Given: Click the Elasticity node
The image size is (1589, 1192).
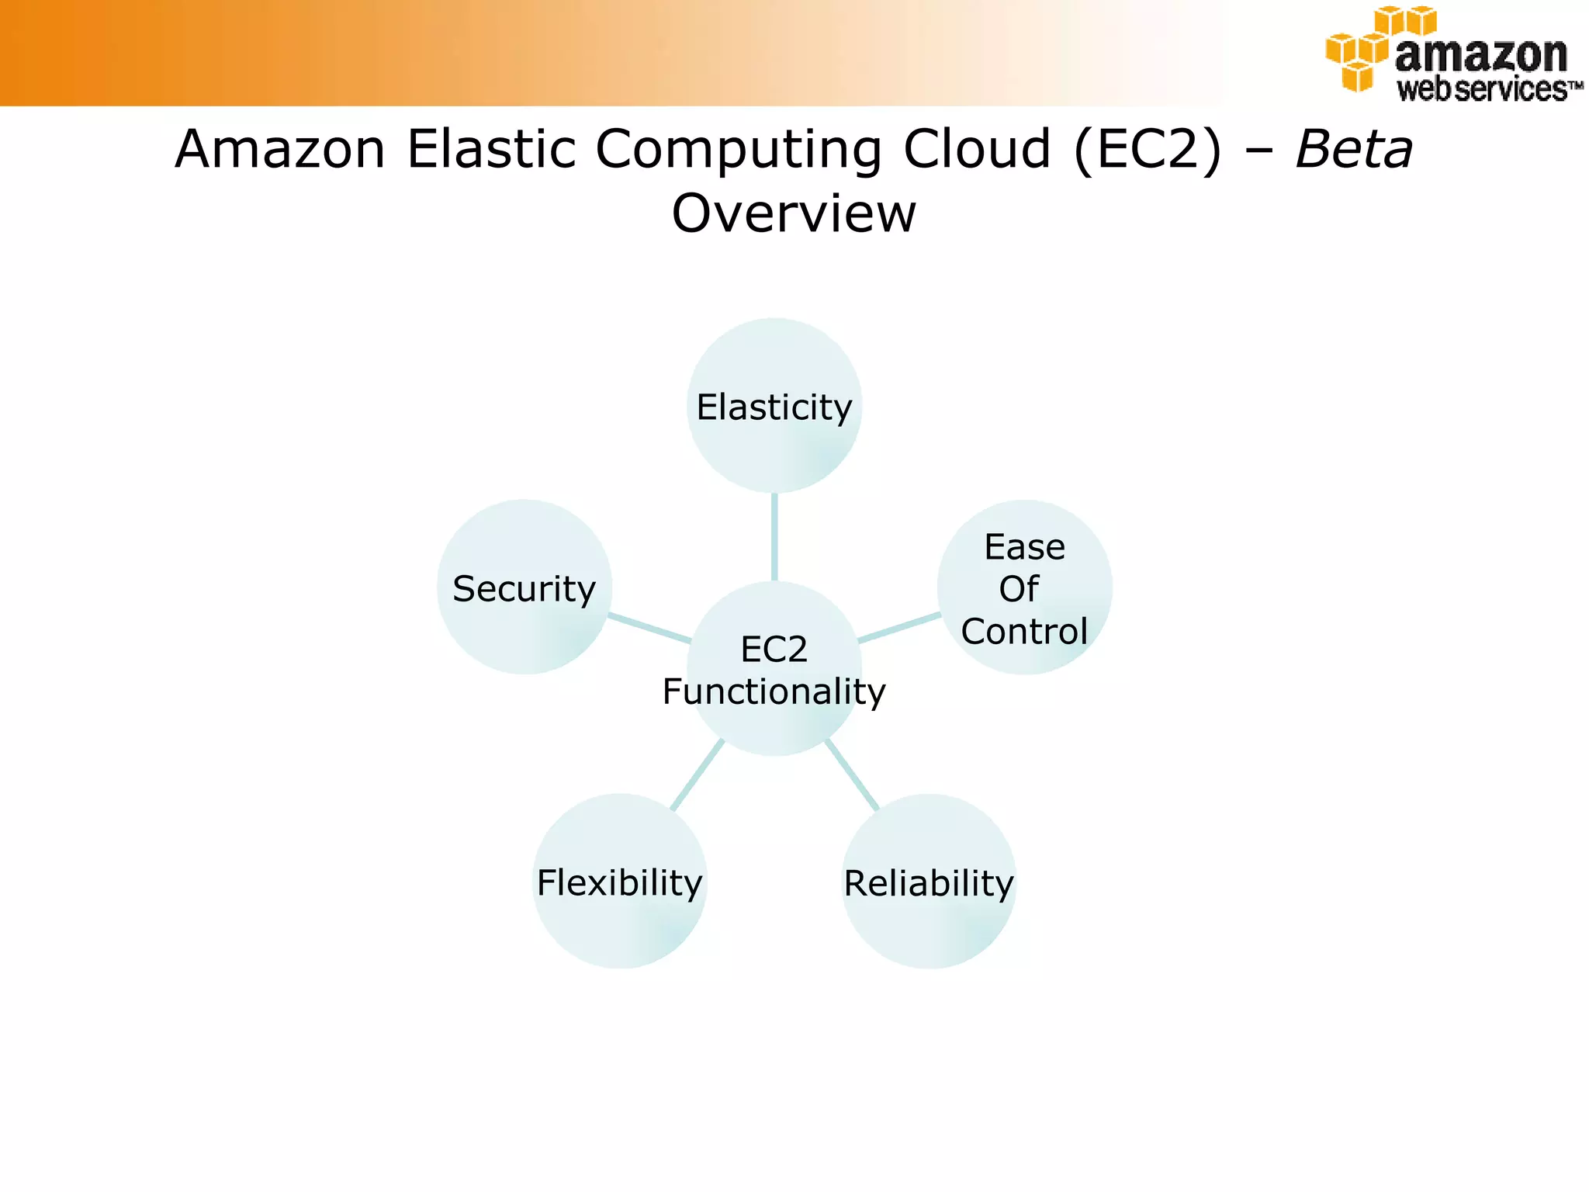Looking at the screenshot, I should point(774,406).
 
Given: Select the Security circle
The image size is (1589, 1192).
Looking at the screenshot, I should point(524,587).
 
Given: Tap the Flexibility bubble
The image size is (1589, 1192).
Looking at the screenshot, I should point(619,882).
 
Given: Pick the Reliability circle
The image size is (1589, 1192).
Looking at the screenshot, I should point(929,882).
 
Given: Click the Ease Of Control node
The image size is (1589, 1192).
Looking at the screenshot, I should point(1024,587).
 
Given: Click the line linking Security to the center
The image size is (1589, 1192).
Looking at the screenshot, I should point(649,628).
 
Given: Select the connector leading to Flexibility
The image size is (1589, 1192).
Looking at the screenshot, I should point(698,774).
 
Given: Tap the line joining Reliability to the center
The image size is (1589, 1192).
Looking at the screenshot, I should point(852,774).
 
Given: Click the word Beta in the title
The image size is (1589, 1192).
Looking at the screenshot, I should point(1354,149).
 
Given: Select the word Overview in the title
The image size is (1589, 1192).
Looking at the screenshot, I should point(794,213).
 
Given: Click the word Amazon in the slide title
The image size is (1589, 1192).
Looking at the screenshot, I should point(280,149).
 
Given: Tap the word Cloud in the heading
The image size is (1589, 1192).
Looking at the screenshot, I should point(977,149).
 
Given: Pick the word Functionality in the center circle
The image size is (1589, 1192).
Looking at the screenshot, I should point(774,691).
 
